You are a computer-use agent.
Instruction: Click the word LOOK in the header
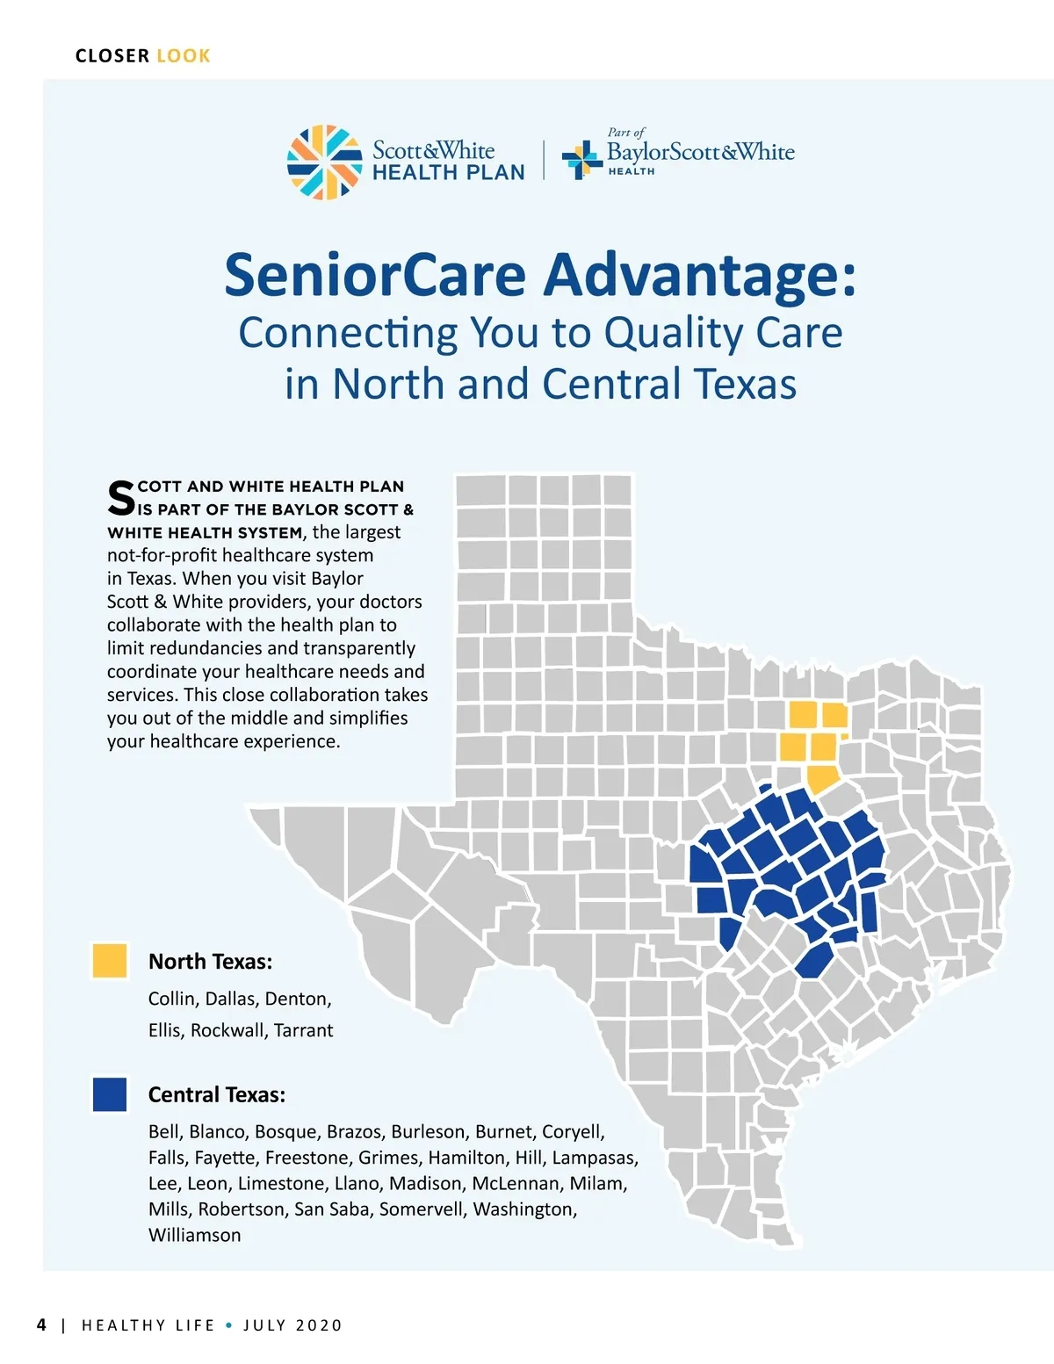click(184, 56)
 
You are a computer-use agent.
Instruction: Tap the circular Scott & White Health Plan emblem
click(325, 162)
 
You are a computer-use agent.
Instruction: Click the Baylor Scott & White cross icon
click(582, 160)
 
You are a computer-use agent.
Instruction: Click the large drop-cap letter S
click(121, 498)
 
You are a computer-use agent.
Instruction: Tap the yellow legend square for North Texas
click(110, 960)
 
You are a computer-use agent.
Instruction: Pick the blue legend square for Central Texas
click(110, 1094)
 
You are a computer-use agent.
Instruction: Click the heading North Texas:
click(210, 961)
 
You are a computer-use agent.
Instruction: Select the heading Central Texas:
click(217, 1094)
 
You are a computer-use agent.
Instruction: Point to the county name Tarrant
click(304, 1030)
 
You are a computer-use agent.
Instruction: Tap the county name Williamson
click(195, 1235)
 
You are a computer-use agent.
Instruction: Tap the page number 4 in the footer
click(42, 1324)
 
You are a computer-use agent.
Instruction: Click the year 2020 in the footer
click(319, 1325)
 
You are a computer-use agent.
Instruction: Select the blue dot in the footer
click(228, 1325)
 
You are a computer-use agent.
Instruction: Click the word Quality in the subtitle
click(674, 333)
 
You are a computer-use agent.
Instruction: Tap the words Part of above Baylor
click(626, 133)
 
